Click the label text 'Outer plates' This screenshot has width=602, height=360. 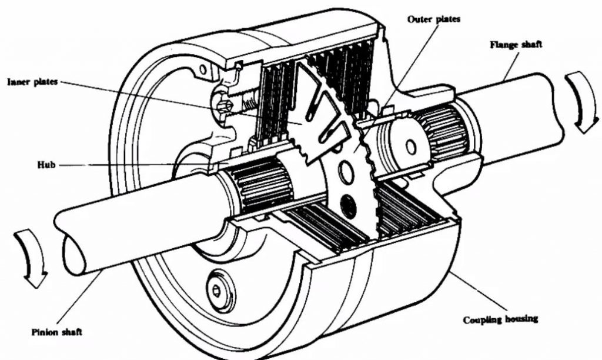coord(433,19)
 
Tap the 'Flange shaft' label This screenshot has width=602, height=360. coord(516,45)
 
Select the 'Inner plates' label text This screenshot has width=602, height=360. coord(33,82)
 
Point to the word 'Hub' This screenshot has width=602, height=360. coord(46,165)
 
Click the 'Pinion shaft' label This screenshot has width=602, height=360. coord(57,332)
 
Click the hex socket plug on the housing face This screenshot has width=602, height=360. coord(217,291)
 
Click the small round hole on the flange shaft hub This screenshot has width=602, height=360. coord(410,147)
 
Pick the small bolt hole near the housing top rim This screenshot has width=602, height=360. coord(203,69)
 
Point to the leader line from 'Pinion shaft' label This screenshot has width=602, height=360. coord(79,298)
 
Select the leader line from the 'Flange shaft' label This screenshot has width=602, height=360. coord(511,66)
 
